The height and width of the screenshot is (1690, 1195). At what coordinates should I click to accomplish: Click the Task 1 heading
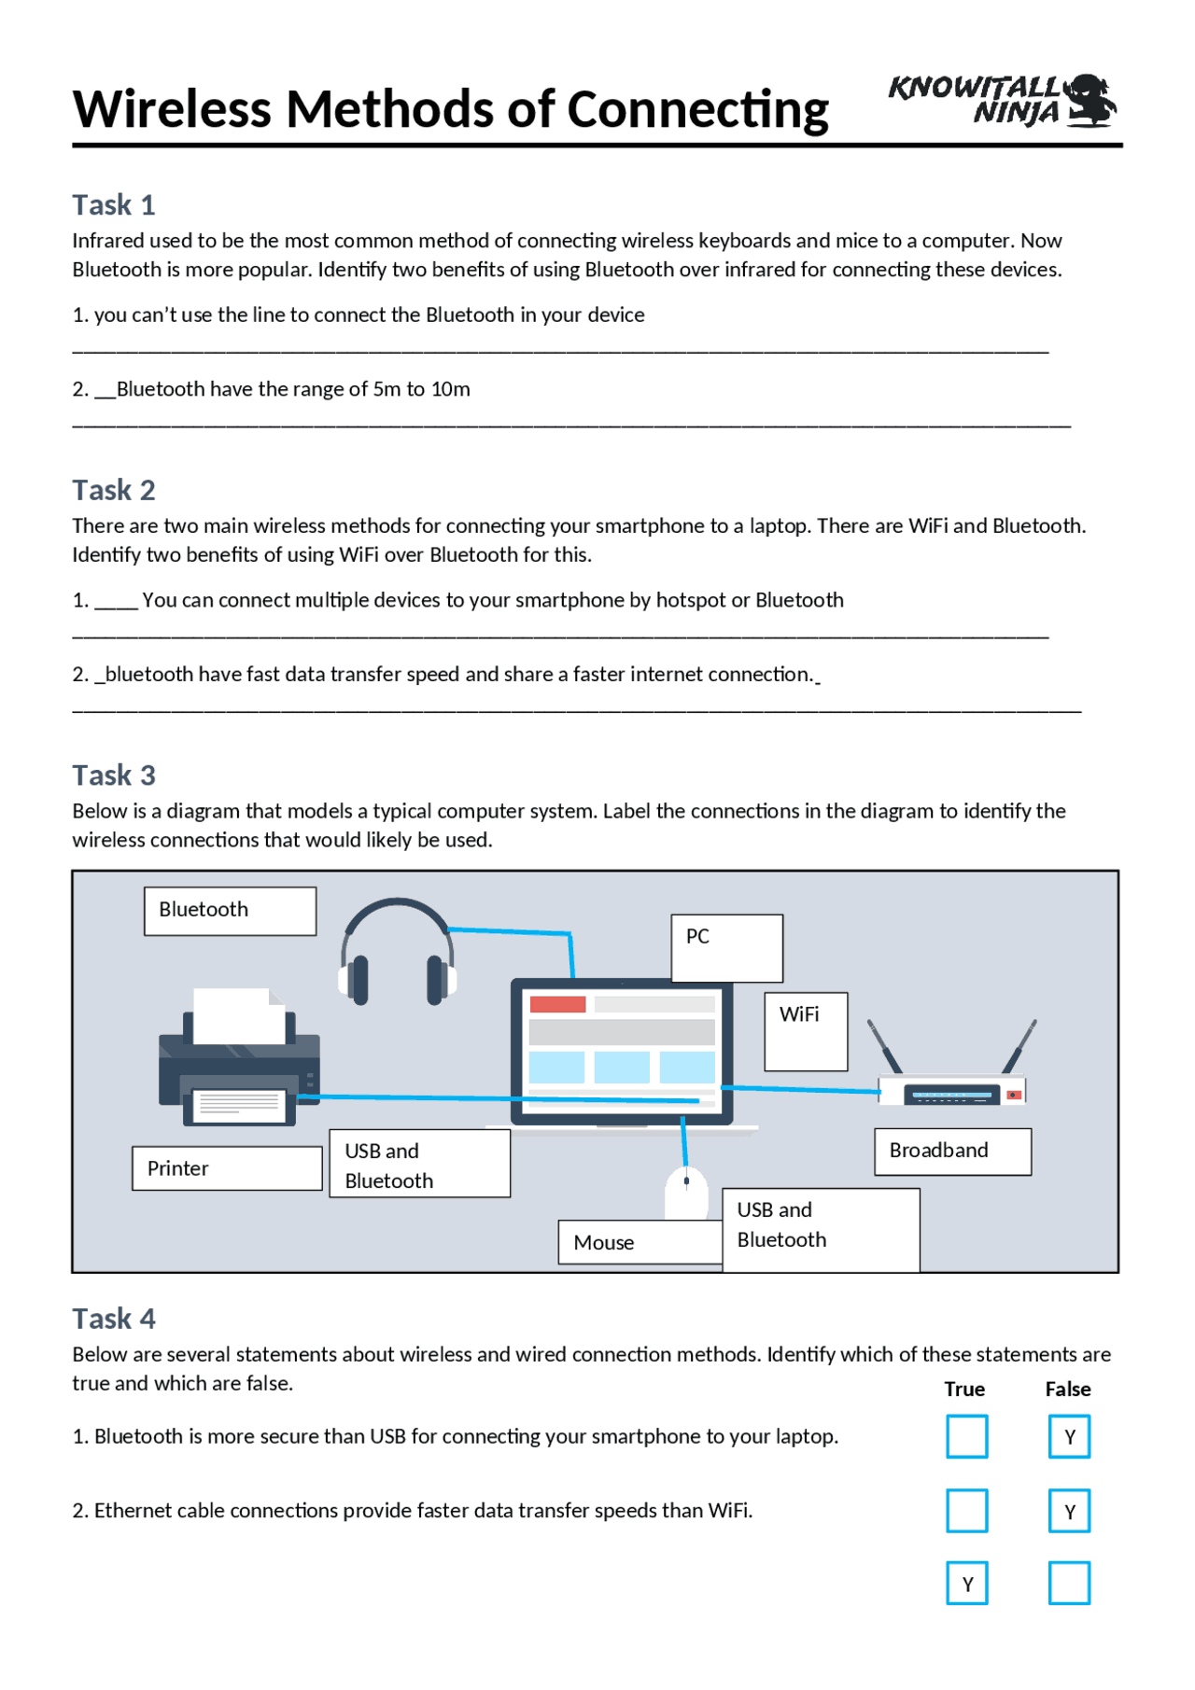click(x=114, y=204)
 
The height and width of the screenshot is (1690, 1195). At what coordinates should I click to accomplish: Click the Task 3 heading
click(x=114, y=775)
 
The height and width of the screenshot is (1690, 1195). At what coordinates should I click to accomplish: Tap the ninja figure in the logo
click(x=1091, y=100)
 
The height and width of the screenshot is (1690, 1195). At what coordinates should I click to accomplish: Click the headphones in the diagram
click(x=398, y=953)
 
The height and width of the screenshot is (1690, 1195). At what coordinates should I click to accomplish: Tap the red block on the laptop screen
click(x=557, y=1004)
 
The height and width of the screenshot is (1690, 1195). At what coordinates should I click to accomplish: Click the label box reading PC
click(x=726, y=947)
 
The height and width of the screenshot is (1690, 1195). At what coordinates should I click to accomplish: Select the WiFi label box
click(x=806, y=1031)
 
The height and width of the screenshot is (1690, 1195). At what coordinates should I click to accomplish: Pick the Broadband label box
click(x=952, y=1152)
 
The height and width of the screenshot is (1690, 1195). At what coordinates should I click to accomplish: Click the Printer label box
click(x=227, y=1168)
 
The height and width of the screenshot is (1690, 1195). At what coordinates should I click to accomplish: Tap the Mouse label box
click(x=640, y=1242)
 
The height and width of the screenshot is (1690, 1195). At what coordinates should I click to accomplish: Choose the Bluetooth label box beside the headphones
click(x=230, y=910)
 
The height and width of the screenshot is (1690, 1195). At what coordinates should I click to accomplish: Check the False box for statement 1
click(x=1069, y=1436)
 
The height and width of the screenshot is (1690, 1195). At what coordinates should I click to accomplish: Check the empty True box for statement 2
click(x=966, y=1511)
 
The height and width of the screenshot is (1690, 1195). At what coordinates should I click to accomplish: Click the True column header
click(x=964, y=1389)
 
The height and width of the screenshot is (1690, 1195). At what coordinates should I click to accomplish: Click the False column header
click(x=1068, y=1389)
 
